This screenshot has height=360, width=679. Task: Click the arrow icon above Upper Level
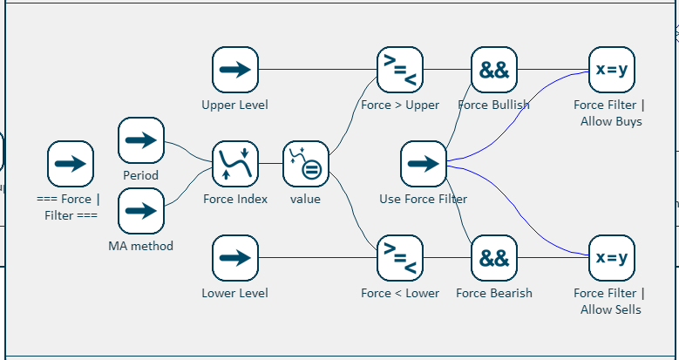[x=235, y=71]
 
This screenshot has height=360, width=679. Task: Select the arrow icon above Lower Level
[x=235, y=258]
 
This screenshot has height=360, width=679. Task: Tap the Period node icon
[x=141, y=140]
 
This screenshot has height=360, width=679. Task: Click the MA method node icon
[x=141, y=211]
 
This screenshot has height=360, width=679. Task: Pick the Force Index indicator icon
[x=235, y=164]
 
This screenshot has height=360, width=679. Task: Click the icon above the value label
[x=305, y=164]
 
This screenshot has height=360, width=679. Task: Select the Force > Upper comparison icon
[x=400, y=71]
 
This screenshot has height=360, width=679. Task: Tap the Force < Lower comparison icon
[x=400, y=258]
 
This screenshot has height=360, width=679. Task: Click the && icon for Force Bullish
[x=494, y=71]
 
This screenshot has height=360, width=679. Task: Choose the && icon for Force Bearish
[x=494, y=258]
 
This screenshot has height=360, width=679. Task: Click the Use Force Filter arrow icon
[x=424, y=164]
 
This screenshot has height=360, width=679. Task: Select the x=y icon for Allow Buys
[x=611, y=71]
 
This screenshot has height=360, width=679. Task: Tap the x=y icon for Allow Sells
[x=611, y=258]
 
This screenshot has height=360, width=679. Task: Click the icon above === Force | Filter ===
[x=71, y=164]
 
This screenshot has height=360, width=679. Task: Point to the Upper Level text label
[x=235, y=105]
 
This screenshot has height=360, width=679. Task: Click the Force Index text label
[x=235, y=199]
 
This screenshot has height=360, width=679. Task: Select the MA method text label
[x=141, y=246]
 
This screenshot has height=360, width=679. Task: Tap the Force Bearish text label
[x=494, y=293]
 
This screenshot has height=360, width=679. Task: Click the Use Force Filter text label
[x=424, y=199]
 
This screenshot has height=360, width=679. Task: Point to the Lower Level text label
[x=235, y=293]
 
